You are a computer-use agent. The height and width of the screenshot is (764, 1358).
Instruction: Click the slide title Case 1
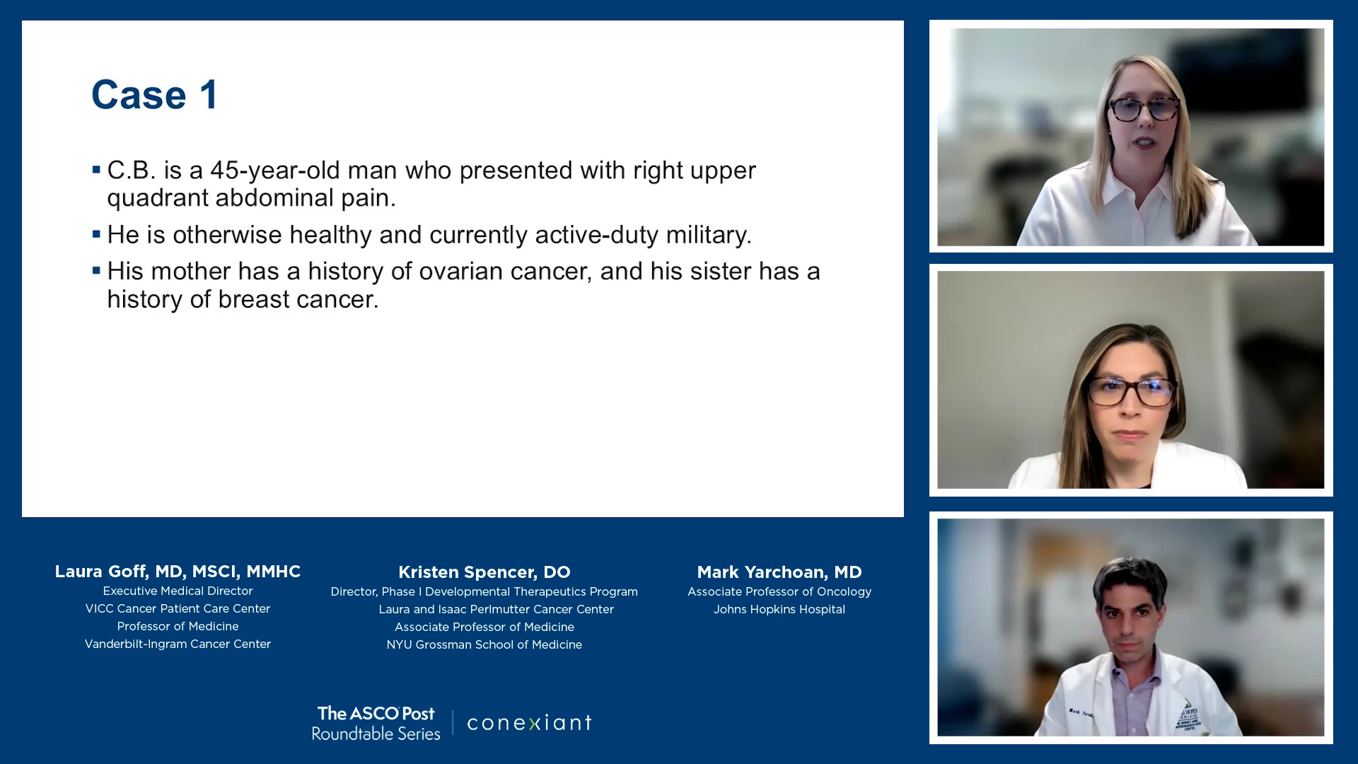tap(155, 95)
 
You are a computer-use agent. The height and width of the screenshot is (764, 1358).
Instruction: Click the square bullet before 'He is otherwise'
tap(96, 234)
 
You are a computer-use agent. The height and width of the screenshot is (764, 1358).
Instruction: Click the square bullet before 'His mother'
tap(96, 270)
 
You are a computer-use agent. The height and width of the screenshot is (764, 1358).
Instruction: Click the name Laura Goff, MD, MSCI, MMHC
tap(178, 572)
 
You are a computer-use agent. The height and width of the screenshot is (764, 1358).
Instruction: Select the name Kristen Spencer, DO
tap(484, 572)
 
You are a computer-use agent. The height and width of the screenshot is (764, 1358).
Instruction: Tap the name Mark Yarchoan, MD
tap(779, 572)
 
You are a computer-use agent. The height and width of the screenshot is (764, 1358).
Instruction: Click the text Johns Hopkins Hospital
tap(779, 609)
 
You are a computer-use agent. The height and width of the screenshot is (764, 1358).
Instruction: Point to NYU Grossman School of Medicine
tap(484, 644)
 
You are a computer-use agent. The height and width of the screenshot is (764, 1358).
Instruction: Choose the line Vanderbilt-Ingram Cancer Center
tap(178, 644)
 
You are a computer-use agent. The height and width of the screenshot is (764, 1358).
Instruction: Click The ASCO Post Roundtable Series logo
tap(376, 723)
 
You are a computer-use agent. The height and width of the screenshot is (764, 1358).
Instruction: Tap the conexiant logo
tap(530, 723)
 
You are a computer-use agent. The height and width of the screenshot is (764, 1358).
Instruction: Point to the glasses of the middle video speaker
tap(1130, 391)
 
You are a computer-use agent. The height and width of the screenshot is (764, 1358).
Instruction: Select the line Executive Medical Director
tap(178, 591)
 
